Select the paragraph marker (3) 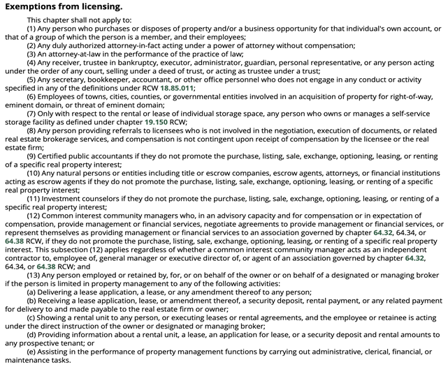pyautogui.click(x=33, y=53)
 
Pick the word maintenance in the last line pyautogui.click(x=27, y=361)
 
